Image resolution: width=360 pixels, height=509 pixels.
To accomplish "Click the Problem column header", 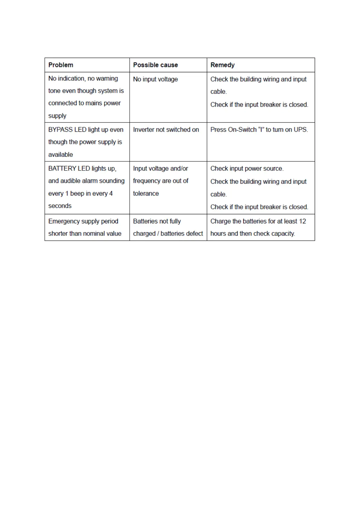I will pyautogui.click(x=61, y=65).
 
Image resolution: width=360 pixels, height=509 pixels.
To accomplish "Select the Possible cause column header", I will pyautogui.click(x=155, y=65).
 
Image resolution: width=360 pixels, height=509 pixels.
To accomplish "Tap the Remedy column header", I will pyautogui.click(x=222, y=65).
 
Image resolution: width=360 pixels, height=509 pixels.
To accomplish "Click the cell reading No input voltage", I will pyautogui.click(x=155, y=79).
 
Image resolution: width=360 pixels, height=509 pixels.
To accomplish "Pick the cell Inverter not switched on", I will pyautogui.click(x=166, y=130).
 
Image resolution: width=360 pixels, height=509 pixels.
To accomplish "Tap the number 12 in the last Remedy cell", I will pyautogui.click(x=302, y=221).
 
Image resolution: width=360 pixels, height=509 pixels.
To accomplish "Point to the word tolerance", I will pyautogui.click(x=146, y=193).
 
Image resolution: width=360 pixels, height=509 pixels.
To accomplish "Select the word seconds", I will pyautogui.click(x=60, y=206).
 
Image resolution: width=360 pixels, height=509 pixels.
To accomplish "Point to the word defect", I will pyautogui.click(x=194, y=234).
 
